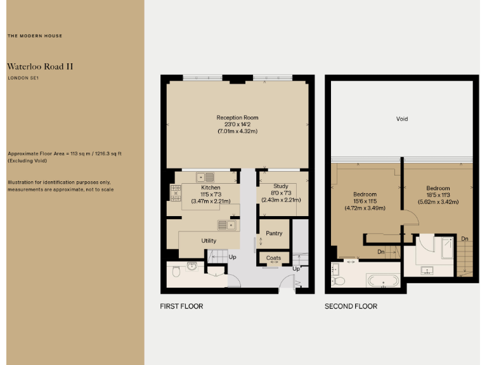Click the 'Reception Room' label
point(237,118)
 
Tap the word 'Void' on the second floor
point(401,119)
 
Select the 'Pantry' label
point(274,233)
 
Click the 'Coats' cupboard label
point(273,258)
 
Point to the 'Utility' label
point(209,241)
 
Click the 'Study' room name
point(281,187)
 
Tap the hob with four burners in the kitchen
point(175,192)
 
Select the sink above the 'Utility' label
point(226,225)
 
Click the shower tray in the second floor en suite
point(447,247)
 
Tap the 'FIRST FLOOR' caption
point(181,307)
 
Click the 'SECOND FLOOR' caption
point(351,307)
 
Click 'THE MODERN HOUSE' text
point(35,36)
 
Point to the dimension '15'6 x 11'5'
point(365,201)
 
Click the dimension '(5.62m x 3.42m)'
point(438,202)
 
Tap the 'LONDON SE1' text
point(23,78)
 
